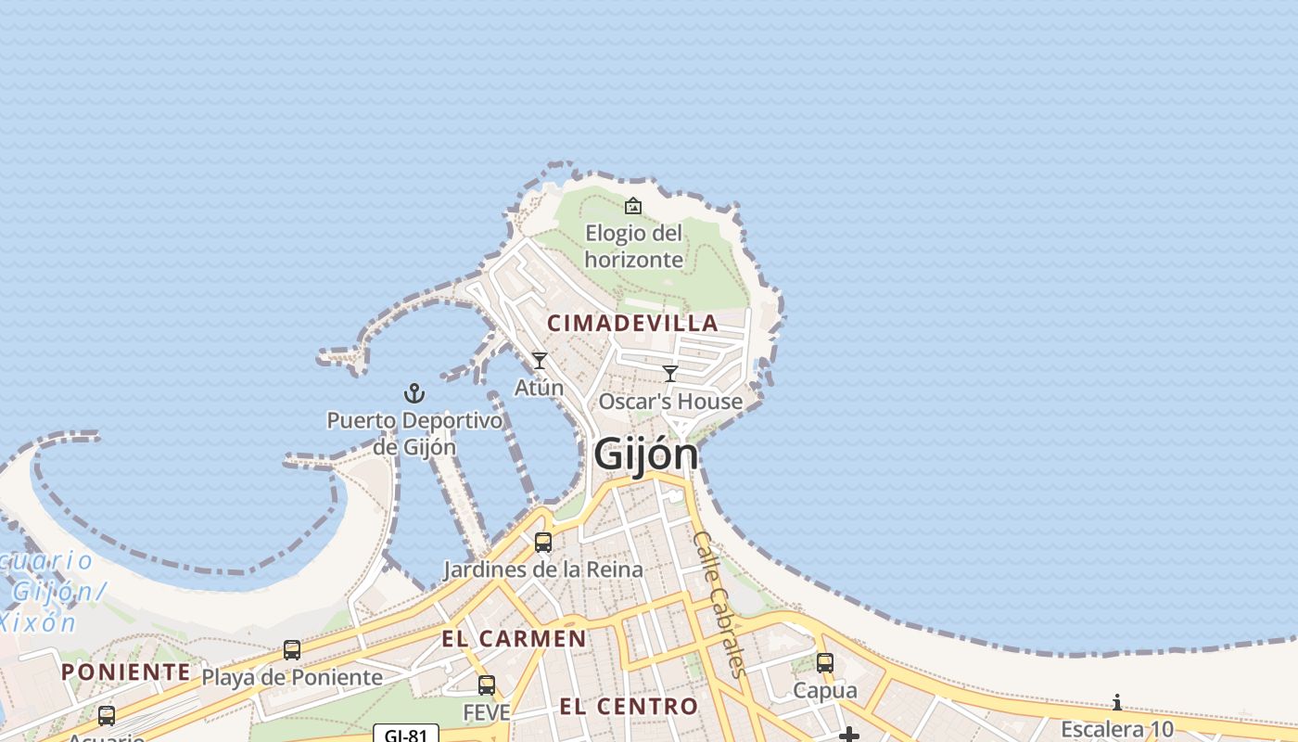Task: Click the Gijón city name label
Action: pyautogui.click(x=645, y=454)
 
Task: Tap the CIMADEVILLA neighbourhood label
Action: pyautogui.click(x=633, y=323)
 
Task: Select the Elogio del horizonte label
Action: pyautogui.click(x=634, y=246)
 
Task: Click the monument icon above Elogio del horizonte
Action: pyautogui.click(x=633, y=205)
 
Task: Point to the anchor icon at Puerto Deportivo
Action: pyautogui.click(x=414, y=393)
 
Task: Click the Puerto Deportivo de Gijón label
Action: pyautogui.click(x=414, y=433)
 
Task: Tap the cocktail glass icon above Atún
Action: pyautogui.click(x=540, y=360)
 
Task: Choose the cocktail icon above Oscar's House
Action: pyautogui.click(x=670, y=373)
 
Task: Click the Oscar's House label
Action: pyautogui.click(x=670, y=402)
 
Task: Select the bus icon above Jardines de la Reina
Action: pyautogui.click(x=543, y=542)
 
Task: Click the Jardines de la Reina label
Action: pyautogui.click(x=543, y=569)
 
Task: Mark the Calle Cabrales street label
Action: pyautogui.click(x=719, y=603)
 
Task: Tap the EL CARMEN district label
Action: pyautogui.click(x=514, y=639)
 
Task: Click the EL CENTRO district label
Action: pyautogui.click(x=629, y=707)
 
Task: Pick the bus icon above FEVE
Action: pyautogui.click(x=487, y=685)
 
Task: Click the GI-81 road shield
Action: pyautogui.click(x=406, y=735)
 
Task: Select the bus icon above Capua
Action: pyautogui.click(x=825, y=663)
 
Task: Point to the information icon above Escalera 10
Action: pyautogui.click(x=1117, y=702)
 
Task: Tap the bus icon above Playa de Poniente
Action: pyautogui.click(x=292, y=650)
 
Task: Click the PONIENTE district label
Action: pyautogui.click(x=126, y=672)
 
